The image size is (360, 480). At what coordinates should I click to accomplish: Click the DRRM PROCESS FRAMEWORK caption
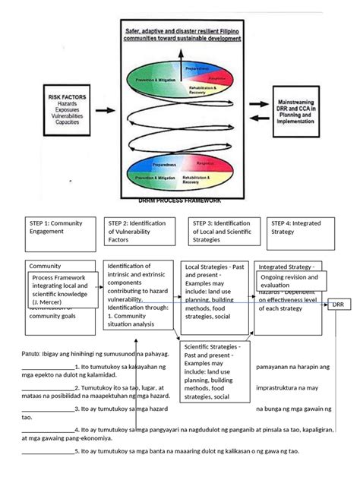pyautogui.click(x=180, y=201)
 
